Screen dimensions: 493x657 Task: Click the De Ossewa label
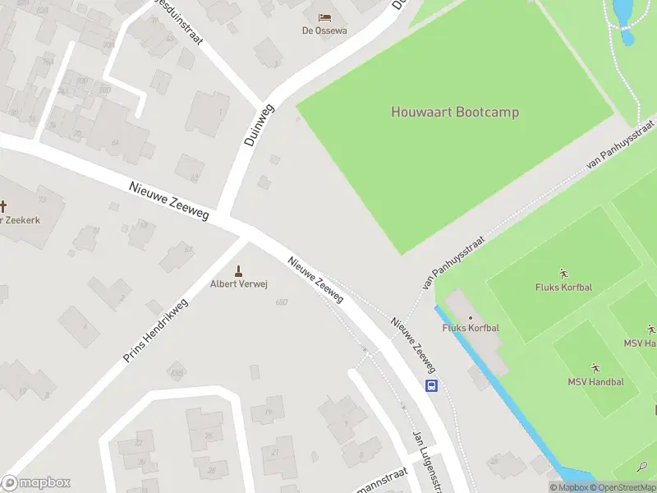coord(324,30)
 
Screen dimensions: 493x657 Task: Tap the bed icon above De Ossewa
coord(324,16)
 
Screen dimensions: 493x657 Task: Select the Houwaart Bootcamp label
coord(454,112)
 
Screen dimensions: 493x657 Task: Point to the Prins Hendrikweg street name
coord(155,331)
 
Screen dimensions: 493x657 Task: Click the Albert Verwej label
coord(239,284)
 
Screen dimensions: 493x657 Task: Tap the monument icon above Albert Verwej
coord(239,270)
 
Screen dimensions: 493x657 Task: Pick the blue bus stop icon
coord(431,385)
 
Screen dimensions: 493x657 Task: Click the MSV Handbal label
coord(595,382)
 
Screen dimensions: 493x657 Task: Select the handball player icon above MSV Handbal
coord(595,367)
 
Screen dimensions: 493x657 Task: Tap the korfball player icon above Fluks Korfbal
coord(563,273)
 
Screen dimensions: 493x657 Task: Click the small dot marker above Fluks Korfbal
coord(471,317)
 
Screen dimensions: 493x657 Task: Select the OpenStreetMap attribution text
coord(621,487)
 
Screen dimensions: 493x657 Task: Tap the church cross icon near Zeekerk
coord(3,206)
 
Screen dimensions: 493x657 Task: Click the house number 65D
coord(282,302)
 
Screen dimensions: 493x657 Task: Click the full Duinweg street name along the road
coord(259,125)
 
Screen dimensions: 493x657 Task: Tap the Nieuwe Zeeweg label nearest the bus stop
coord(412,346)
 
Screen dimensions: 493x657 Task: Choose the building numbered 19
coord(269,409)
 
